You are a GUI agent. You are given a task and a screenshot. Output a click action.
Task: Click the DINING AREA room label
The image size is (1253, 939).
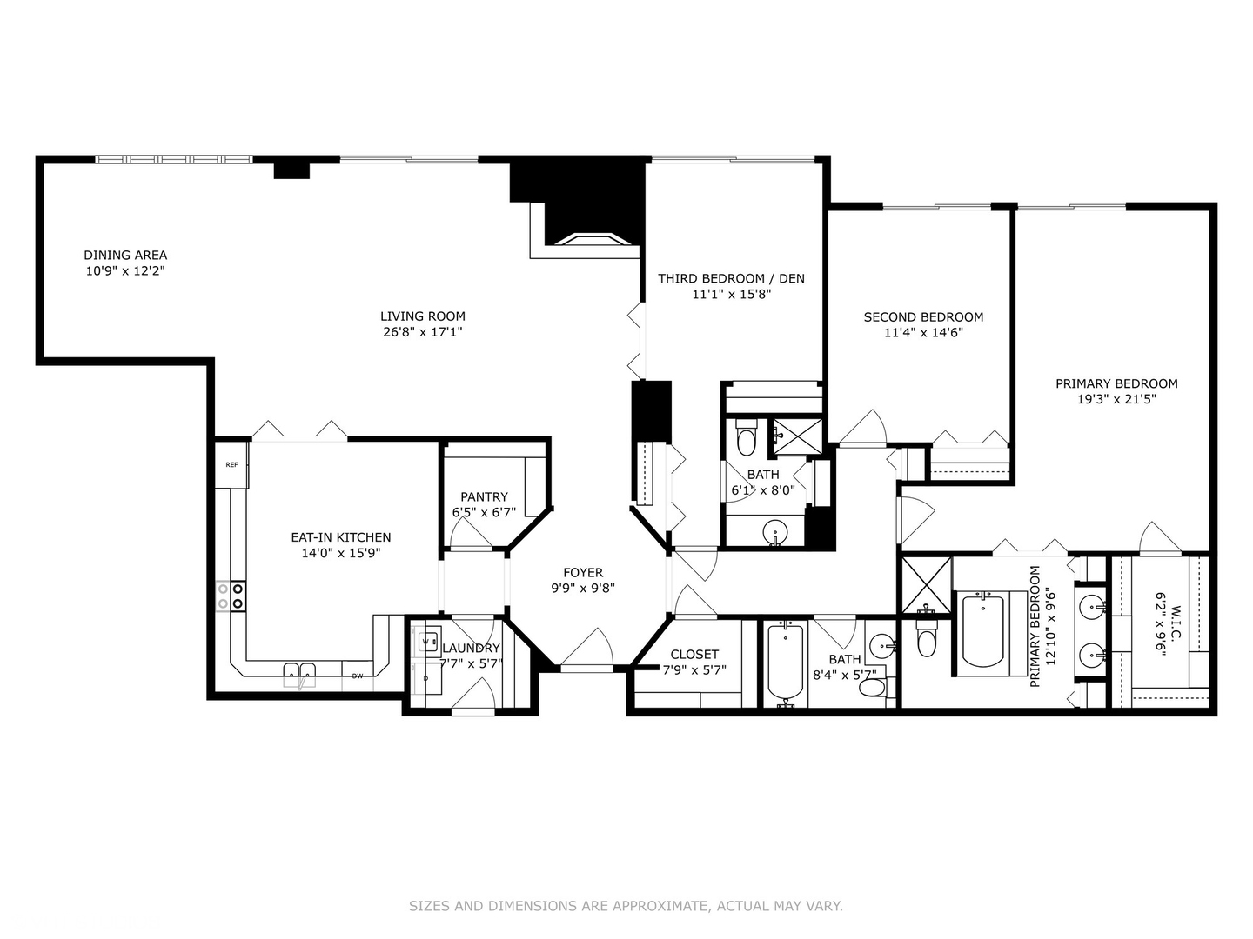(x=125, y=255)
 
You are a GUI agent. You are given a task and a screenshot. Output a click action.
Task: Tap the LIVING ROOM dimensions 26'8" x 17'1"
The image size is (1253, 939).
(x=422, y=332)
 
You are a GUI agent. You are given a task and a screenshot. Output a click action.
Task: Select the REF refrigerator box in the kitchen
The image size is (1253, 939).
(x=232, y=465)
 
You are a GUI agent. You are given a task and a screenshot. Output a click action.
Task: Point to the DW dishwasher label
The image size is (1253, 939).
(x=358, y=676)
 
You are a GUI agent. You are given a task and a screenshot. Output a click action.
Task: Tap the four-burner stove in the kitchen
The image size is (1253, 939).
(x=231, y=596)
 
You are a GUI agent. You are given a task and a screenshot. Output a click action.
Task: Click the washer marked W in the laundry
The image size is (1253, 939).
(x=427, y=642)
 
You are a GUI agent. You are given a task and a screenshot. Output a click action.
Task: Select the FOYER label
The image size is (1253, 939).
(x=582, y=572)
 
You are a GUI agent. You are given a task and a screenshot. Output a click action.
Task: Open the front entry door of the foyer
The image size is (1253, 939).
(x=586, y=650)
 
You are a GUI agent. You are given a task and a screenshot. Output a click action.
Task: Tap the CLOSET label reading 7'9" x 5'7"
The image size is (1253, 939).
(x=694, y=669)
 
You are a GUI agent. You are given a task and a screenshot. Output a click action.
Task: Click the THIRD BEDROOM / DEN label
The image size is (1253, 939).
(x=731, y=278)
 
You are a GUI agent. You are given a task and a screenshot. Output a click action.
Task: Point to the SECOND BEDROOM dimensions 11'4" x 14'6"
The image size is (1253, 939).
(x=923, y=332)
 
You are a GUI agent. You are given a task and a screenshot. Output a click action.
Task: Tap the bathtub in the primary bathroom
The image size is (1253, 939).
(x=982, y=629)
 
